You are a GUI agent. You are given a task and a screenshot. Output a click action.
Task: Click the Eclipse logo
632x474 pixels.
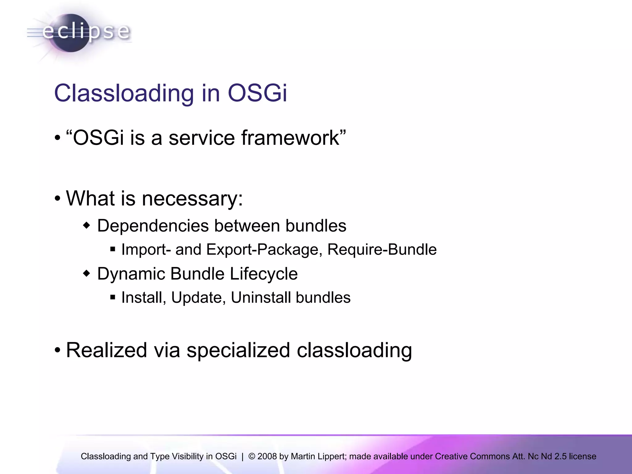tap(79, 32)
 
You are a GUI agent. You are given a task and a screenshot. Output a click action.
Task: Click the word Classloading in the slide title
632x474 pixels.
tap(123, 93)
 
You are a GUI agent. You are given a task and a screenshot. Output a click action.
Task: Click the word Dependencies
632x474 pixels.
tap(152, 226)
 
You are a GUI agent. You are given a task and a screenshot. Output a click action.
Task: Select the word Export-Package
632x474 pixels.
tap(264, 249)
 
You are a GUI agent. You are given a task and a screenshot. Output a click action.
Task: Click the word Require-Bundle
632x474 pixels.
tap(382, 249)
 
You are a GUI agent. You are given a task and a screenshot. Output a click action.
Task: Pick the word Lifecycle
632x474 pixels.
tap(264, 274)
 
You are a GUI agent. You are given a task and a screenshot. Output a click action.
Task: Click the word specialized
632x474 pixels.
tap(238, 350)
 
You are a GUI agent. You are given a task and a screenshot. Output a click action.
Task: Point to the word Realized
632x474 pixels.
tap(106, 350)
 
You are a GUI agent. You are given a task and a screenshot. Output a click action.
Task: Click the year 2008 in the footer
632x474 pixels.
tap(267, 456)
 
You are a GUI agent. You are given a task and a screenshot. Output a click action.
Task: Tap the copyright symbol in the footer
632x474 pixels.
tap(252, 456)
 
